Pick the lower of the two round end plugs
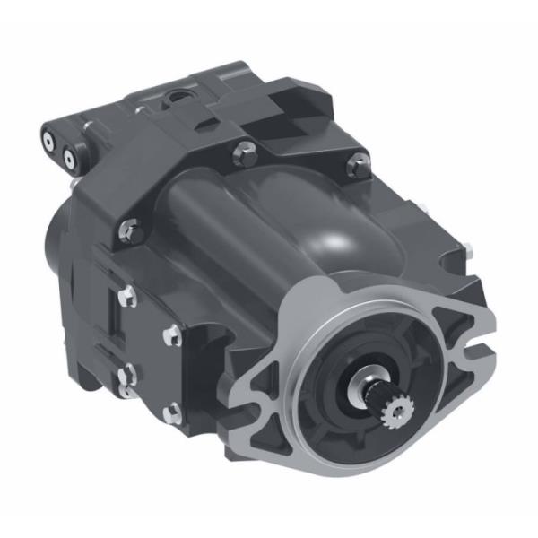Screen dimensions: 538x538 pyautogui.click(x=68, y=161)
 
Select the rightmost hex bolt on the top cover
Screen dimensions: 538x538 pyautogui.click(x=358, y=163)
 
